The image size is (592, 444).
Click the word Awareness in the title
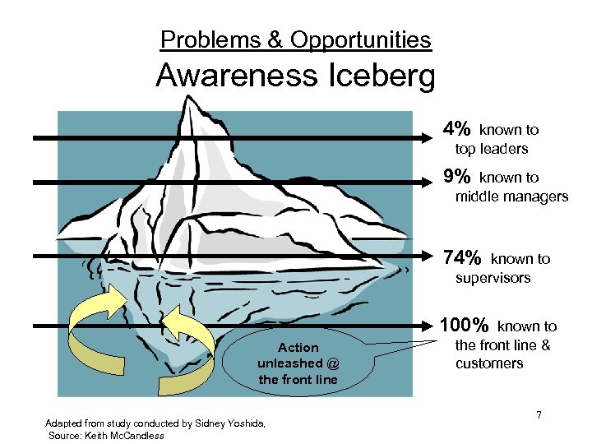[234, 76]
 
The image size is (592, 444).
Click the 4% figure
[456, 129]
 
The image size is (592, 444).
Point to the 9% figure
[456, 177]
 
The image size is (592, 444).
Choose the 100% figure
[466, 326]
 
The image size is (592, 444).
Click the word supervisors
[493, 278]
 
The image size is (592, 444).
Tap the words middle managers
[511, 197]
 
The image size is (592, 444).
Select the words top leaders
[491, 149]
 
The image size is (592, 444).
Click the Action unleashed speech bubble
[297, 363]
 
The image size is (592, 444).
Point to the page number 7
[539, 415]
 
